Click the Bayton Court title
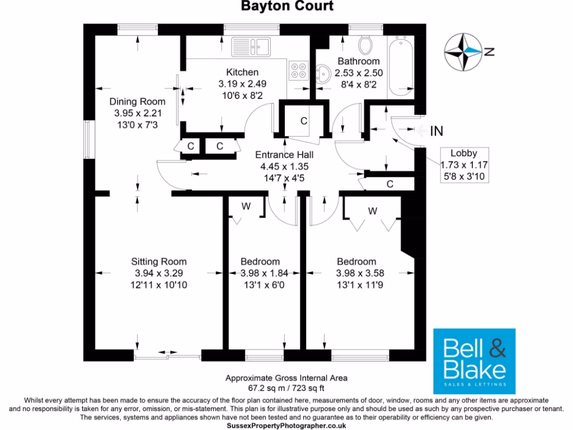(x=286, y=7)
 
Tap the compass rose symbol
(x=463, y=52)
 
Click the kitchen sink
(x=258, y=45)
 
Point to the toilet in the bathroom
(x=367, y=44)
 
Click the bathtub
(x=401, y=66)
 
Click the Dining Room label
(x=137, y=101)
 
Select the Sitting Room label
(x=159, y=261)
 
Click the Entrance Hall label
(x=284, y=155)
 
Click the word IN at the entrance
(x=436, y=132)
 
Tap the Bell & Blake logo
(x=475, y=361)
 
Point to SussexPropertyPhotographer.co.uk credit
(x=286, y=426)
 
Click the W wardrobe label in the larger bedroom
(x=372, y=211)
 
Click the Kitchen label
(x=242, y=72)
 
